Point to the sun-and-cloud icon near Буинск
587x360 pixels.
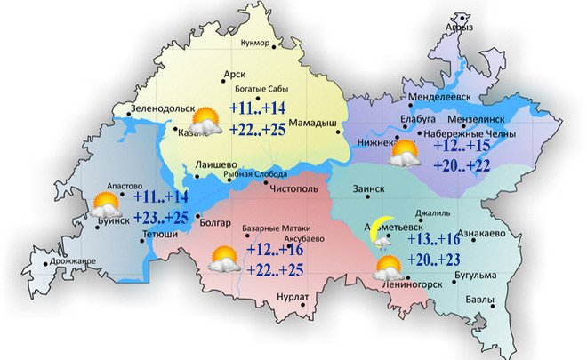(106, 205)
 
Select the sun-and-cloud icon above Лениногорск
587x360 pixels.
(388, 267)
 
